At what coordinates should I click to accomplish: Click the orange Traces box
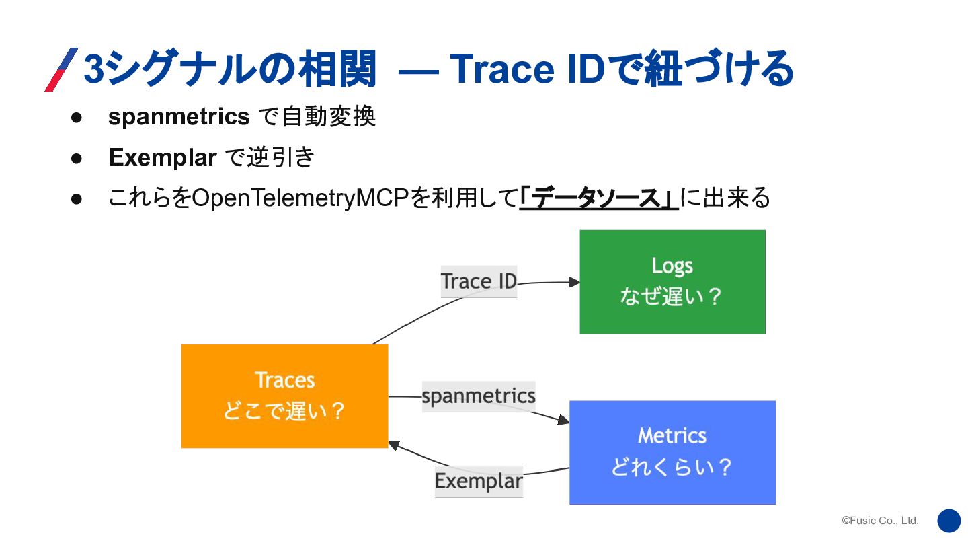(x=284, y=396)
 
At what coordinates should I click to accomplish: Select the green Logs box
(x=672, y=281)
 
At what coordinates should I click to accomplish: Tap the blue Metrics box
(x=672, y=452)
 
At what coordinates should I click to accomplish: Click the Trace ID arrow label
(x=479, y=281)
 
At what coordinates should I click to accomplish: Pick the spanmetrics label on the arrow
(x=479, y=396)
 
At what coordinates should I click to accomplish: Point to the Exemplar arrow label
(x=479, y=481)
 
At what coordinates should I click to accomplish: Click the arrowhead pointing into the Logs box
(x=574, y=283)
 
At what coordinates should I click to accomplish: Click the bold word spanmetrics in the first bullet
(x=179, y=117)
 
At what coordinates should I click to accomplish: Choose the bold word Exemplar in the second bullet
(x=162, y=157)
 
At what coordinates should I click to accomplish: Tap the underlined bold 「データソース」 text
(x=598, y=198)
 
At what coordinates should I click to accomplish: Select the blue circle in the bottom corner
(x=949, y=521)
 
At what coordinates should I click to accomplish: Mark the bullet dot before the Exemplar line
(x=77, y=158)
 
